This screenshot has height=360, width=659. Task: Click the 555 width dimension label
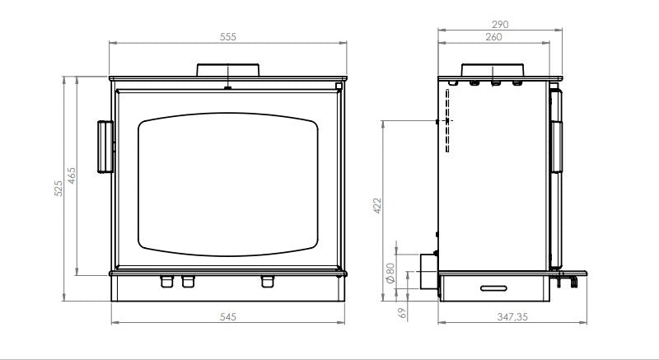tap(228, 37)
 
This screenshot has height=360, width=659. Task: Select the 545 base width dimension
tap(228, 316)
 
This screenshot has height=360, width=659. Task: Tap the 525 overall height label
tap(58, 188)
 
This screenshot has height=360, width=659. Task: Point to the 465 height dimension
tap(72, 175)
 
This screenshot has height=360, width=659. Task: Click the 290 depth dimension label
tap(500, 25)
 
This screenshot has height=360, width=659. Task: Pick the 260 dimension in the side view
tap(493, 37)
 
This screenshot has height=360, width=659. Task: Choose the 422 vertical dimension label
tap(377, 206)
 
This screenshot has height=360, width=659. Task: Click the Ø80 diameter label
tap(390, 274)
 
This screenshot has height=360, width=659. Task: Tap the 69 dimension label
tap(402, 313)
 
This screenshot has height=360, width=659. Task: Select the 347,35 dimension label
tap(512, 316)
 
